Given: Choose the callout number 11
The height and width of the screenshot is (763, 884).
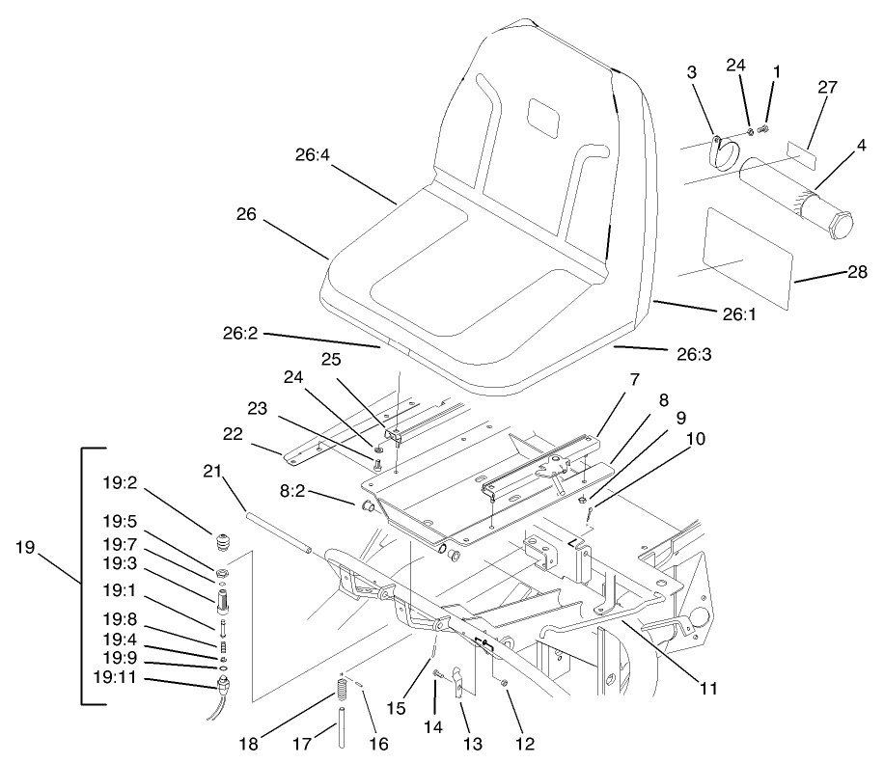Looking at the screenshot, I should [x=709, y=689].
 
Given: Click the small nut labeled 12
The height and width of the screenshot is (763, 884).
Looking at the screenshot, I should [x=504, y=684].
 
